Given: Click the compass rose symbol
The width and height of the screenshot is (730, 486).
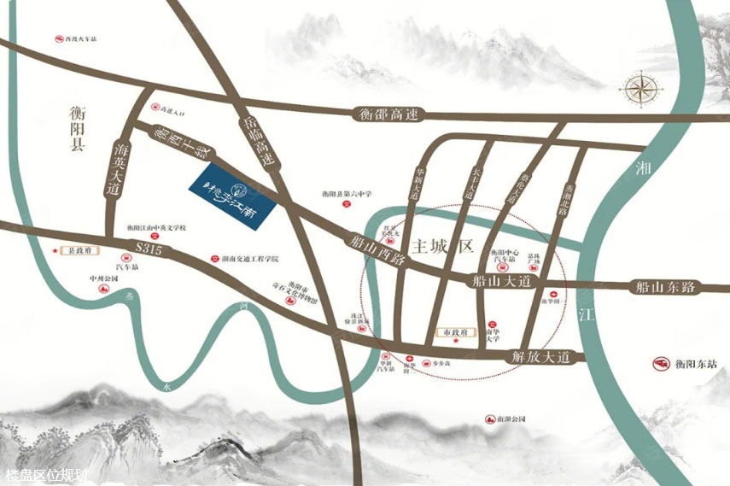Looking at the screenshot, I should [x=639, y=87].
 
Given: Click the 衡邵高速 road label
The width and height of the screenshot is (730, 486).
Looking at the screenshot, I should [x=388, y=114].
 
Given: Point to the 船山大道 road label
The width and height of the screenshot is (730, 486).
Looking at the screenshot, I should [x=501, y=279].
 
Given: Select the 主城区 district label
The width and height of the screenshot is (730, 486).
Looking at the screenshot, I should [x=441, y=248].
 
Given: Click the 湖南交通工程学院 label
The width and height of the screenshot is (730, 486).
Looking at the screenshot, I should [x=248, y=257].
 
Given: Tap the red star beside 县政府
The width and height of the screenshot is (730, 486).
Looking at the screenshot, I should [x=56, y=251].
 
